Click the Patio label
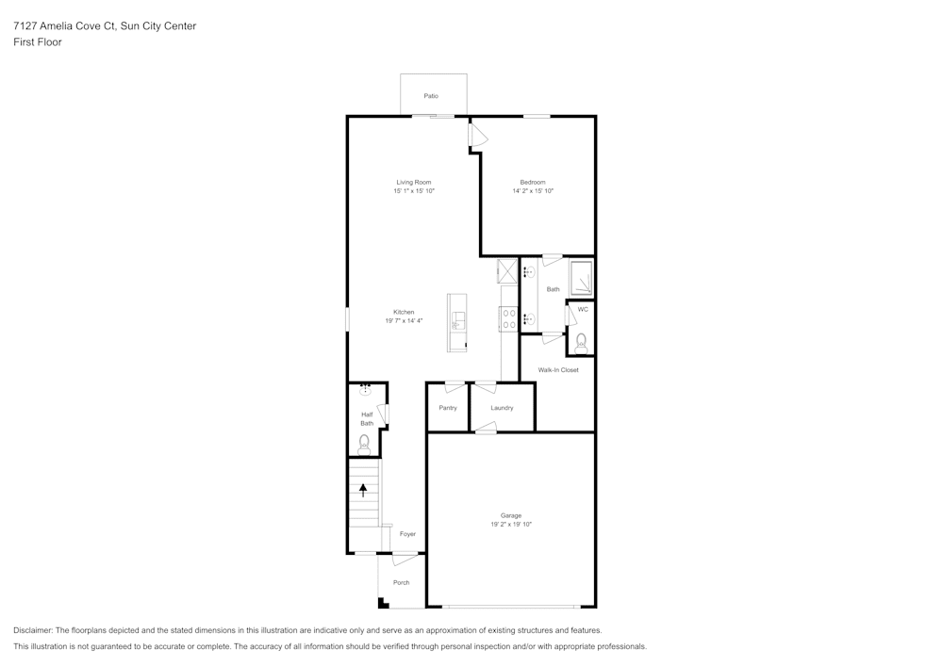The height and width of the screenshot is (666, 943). point(431,96)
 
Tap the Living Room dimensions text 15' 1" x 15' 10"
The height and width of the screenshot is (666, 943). point(414,191)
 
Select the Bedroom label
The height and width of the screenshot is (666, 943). point(533,182)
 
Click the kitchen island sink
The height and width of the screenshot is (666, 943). point(457,320)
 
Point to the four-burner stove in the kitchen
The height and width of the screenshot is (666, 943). point(508,319)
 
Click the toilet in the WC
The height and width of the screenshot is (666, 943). point(581,341)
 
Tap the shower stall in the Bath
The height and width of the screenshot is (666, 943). point(581,278)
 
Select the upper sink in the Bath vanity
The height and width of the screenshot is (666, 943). point(529,272)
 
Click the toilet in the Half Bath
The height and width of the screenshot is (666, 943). point(364,444)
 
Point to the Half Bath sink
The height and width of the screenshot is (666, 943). point(365,388)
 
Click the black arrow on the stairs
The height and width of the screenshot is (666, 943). point(363,490)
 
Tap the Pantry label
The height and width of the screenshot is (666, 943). point(448,408)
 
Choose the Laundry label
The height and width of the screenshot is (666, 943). point(502,408)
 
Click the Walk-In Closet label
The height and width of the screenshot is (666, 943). point(558,370)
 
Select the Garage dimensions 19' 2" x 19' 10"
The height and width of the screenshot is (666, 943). point(511,525)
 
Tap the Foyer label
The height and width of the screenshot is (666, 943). point(407,534)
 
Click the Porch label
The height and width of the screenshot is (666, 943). point(402,582)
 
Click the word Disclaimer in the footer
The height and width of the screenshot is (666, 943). point(33,630)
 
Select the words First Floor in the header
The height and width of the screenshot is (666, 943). point(38,42)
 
